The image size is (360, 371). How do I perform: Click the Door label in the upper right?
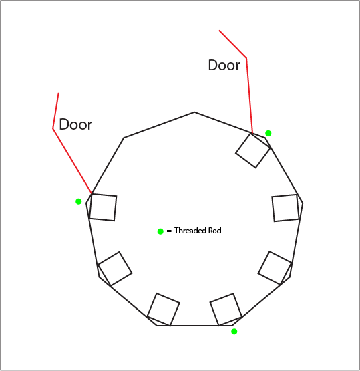pyautogui.click(x=224, y=65)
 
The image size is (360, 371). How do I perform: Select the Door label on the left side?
pyautogui.click(x=75, y=124)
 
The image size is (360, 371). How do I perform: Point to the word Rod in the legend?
pyautogui.click(x=214, y=231)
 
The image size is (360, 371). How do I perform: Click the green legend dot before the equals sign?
pyautogui.click(x=160, y=231)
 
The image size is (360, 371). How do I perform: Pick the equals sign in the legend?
pyautogui.click(x=169, y=231)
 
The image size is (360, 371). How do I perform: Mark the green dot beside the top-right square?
pyautogui.click(x=268, y=133)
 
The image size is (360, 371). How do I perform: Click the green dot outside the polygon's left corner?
pyautogui.click(x=78, y=201)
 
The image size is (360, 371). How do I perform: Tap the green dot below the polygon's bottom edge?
pyautogui.click(x=234, y=332)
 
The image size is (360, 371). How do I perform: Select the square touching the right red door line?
pyautogui.click(x=253, y=150)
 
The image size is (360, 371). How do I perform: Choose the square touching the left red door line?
pyautogui.click(x=103, y=207)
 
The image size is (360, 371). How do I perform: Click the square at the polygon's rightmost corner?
pyautogui.click(x=286, y=208)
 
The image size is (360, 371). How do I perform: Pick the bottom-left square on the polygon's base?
pyautogui.click(x=164, y=310)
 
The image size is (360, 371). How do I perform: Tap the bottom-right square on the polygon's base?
pyautogui.click(x=226, y=310)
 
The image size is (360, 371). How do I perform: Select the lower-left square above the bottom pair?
pyautogui.click(x=115, y=269)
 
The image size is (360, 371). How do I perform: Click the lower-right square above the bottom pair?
pyautogui.click(x=275, y=268)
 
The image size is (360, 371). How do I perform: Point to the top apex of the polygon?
pyautogui.click(x=194, y=112)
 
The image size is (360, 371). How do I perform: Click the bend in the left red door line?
pyautogui.click(x=53, y=129)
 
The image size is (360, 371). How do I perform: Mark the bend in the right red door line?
pyautogui.click(x=246, y=57)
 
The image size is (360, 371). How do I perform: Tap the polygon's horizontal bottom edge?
pyautogui.click(x=194, y=326)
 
